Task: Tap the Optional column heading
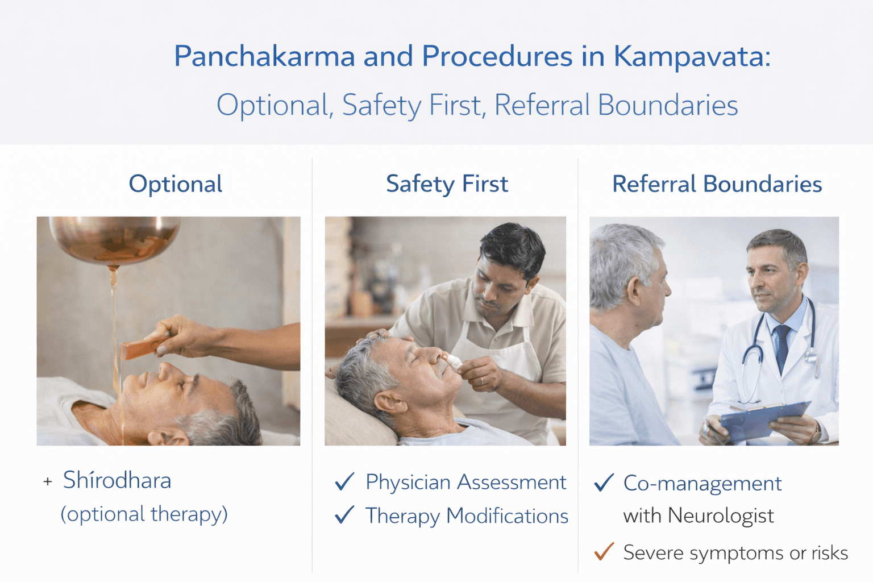pos(176,184)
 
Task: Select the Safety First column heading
pos(447,184)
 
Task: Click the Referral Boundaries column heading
pos(717,184)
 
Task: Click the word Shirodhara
pos(117,481)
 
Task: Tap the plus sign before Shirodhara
pos(48,482)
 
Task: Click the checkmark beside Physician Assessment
pos(344,482)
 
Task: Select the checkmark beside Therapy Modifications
pos(344,515)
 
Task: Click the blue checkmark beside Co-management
pos(604,483)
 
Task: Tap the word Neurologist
pos(721,516)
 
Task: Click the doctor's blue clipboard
pos(764,421)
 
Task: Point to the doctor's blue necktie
pos(783,347)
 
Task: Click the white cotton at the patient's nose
pos(454,361)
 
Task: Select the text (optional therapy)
pos(144,514)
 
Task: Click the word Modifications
pos(507,516)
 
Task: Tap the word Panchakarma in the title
pos(265,56)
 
